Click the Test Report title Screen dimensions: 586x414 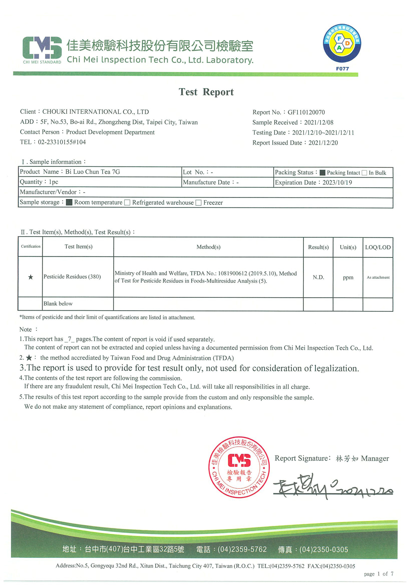tap(206, 92)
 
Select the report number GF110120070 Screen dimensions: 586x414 tap(306, 112)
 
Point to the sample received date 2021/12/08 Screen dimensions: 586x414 tap(319, 123)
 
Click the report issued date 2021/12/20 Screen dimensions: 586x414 tap(323, 143)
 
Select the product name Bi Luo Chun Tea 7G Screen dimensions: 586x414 tap(93, 172)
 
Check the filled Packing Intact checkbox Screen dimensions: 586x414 tap(323, 173)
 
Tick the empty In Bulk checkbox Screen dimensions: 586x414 tap(364, 173)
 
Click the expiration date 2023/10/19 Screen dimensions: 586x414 tap(337, 183)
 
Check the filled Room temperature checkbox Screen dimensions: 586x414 tap(69, 203)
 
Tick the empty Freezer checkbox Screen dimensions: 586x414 tap(198, 203)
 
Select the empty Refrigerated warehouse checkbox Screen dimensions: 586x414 tap(127, 203)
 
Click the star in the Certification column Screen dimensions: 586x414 tap(30, 277)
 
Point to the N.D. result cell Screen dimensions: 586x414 tap(318, 277)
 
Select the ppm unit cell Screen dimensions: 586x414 tap(348, 277)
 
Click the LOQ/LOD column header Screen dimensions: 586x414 tap(378, 247)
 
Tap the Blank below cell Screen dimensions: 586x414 tap(58, 304)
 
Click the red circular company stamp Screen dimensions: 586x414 tap(239, 467)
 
